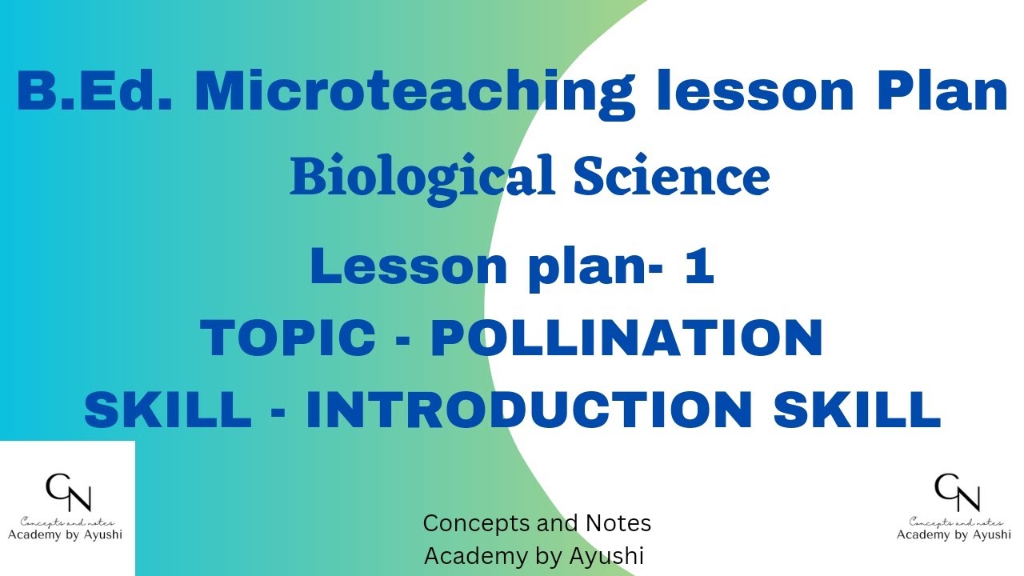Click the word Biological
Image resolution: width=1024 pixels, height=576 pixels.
[422, 178]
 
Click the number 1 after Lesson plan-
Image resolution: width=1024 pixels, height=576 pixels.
[698, 266]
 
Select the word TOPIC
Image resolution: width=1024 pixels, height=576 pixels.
[287, 338]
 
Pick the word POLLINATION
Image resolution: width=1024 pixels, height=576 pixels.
[626, 338]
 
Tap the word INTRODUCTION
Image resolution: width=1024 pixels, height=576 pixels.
[529, 409]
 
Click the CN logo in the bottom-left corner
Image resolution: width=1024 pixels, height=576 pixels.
[67, 492]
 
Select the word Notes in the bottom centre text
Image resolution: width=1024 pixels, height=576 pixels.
[617, 523]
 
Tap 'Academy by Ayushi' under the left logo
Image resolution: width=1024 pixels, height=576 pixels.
[66, 534]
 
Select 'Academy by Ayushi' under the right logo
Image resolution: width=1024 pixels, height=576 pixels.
[954, 534]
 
